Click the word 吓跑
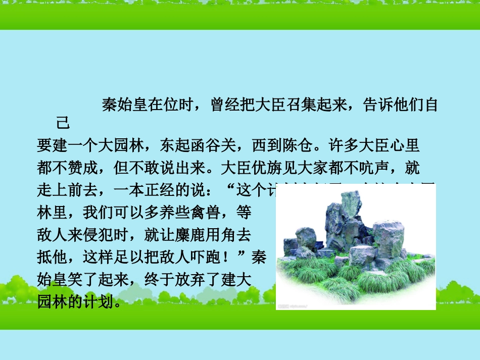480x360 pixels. (213, 258)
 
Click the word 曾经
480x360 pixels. (221, 106)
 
